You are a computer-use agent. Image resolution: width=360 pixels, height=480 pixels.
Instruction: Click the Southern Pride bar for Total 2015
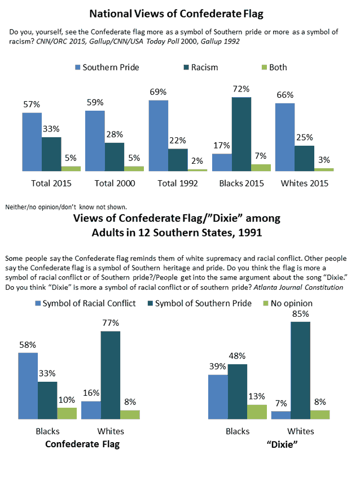(32, 142)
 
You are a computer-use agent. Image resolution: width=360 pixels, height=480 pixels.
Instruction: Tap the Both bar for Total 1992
(197, 169)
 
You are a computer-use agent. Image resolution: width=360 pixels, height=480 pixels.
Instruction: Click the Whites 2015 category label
(305, 184)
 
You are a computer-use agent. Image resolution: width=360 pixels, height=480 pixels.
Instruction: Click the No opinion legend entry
(289, 303)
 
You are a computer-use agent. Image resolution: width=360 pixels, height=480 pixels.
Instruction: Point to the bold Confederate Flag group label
(83, 444)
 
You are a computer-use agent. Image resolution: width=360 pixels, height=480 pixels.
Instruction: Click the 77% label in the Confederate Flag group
(110, 323)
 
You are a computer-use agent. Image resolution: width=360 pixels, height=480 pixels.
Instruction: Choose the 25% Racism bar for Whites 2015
(305, 158)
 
